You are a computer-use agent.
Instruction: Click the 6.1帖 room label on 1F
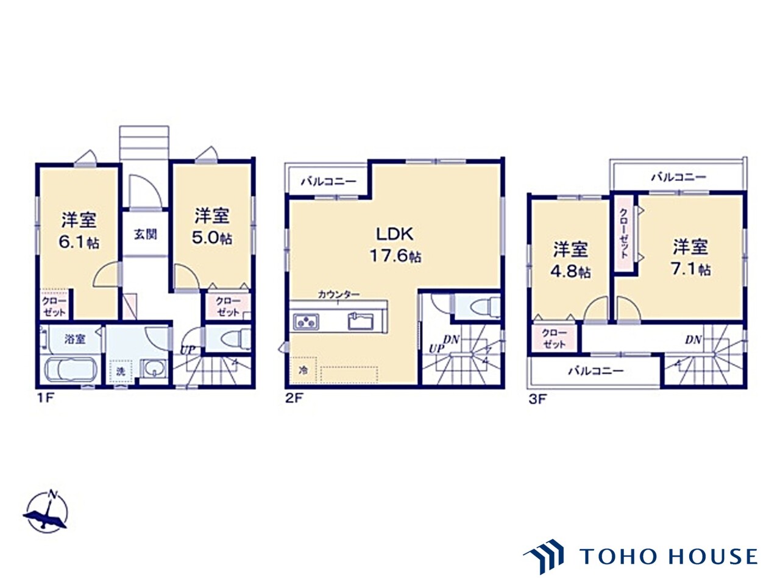click(79, 231)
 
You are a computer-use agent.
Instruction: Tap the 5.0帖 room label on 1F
click(211, 226)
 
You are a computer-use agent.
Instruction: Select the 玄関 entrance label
click(146, 234)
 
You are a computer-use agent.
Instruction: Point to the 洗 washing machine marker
click(120, 370)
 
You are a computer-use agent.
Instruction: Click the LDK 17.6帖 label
click(395, 244)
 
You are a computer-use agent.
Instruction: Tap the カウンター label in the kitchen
click(338, 294)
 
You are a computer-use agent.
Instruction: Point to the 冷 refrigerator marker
click(303, 369)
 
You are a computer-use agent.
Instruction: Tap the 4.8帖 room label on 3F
click(571, 260)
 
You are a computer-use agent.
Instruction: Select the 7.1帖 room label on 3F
click(690, 257)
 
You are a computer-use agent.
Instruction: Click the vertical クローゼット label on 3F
click(623, 233)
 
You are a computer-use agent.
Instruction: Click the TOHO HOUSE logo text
click(668, 556)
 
